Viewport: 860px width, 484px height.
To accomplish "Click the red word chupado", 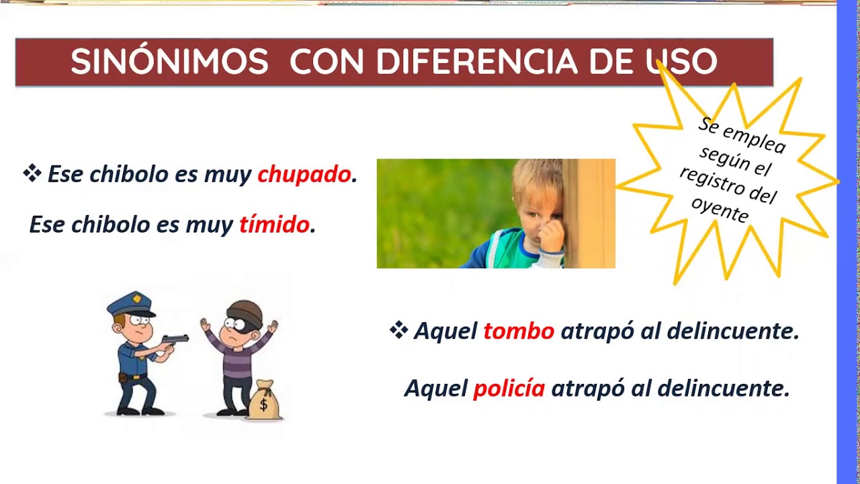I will coord(304,175).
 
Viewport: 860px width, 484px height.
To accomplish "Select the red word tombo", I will coord(519,331).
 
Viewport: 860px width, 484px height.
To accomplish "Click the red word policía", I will coord(509,389).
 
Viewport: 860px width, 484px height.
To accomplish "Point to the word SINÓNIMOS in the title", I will coord(169,63).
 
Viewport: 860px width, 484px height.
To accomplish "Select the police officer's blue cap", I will coord(131,305).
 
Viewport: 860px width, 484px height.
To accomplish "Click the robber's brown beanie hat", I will coord(245,312).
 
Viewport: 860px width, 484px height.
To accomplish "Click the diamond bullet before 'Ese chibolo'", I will coord(32,173).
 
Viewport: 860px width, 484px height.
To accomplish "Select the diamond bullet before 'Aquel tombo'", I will coord(398,330).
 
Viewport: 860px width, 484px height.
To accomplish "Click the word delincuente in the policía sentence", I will coord(723,389).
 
